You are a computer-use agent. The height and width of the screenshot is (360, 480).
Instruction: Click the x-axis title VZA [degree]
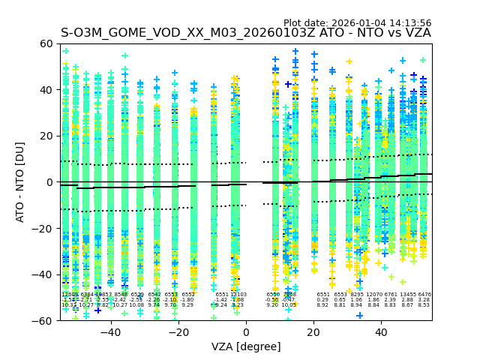point(246,346)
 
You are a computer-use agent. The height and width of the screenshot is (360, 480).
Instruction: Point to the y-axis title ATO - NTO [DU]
point(21,181)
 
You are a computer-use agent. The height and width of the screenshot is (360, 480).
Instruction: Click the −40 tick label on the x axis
point(110,331)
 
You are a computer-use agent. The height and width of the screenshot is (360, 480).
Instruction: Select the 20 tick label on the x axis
point(313,331)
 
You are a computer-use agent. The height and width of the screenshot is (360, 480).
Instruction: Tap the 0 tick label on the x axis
point(246,331)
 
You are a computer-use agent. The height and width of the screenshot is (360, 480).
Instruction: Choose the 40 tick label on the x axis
point(381,331)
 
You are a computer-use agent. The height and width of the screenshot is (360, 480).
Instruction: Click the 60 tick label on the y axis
point(46,43)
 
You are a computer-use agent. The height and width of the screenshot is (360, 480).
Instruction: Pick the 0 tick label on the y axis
point(50,181)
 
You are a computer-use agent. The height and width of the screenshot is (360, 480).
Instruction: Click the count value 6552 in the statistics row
point(187,295)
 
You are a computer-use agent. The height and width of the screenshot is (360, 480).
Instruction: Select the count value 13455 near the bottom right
point(408,295)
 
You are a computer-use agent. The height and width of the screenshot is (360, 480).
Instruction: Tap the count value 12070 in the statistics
point(373,295)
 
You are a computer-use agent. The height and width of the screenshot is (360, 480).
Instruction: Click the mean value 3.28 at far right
point(424,300)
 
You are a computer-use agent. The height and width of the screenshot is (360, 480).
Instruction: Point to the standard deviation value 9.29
point(187,305)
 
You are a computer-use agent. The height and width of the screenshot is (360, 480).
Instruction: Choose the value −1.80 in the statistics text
point(187,300)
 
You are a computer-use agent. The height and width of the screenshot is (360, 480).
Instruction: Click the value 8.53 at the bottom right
point(424,305)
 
